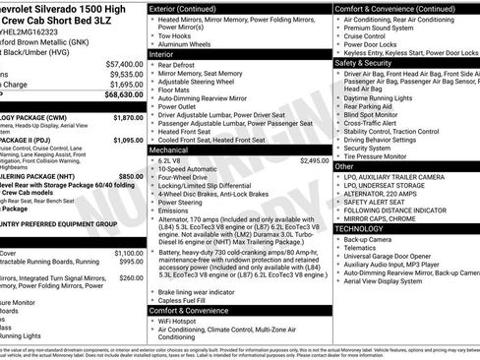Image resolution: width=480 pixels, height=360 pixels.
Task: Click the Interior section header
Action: click(x=161, y=54)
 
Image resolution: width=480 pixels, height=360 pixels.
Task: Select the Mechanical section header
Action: click(x=169, y=150)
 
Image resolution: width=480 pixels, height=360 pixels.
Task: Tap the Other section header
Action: click(x=344, y=166)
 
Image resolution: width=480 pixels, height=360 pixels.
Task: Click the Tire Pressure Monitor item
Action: click(x=385, y=155)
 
